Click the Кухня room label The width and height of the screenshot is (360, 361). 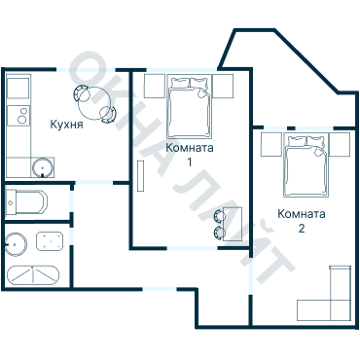point(66,125)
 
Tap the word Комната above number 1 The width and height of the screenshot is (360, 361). point(190,148)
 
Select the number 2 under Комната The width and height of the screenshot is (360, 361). point(302,229)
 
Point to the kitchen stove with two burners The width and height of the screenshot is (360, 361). point(18,116)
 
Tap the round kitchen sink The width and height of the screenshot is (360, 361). point(42,167)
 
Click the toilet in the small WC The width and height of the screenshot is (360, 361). point(26,202)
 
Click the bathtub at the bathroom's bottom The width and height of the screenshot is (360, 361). point(33,275)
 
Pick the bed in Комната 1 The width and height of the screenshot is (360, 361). point(189,107)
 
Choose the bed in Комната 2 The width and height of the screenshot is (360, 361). point(306,166)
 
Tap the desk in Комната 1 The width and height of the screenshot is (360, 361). point(233,224)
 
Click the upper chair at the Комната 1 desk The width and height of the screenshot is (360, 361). point(219,216)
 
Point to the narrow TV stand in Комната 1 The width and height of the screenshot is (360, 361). point(141,176)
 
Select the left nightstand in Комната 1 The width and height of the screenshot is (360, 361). point(155,86)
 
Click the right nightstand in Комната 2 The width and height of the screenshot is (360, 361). point(340,145)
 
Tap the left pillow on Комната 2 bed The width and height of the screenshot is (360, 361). point(297,141)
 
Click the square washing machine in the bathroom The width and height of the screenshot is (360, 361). point(50,241)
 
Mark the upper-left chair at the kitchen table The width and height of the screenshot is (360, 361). point(82,93)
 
